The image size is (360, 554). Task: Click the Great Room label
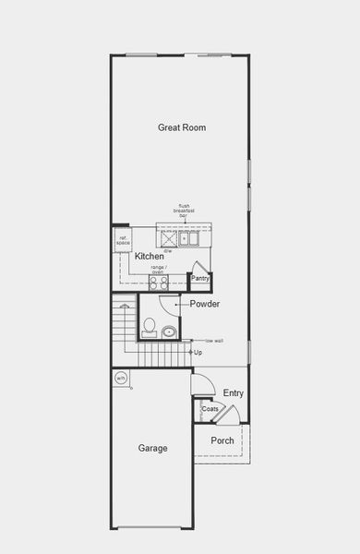point(181,127)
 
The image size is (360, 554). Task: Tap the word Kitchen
point(150,256)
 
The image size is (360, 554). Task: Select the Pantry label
point(200,278)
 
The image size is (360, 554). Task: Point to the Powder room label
point(204,304)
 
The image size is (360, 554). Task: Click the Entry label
point(234,392)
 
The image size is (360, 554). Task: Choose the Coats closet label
point(210,408)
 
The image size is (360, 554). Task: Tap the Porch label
point(222,440)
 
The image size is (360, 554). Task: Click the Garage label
point(153,449)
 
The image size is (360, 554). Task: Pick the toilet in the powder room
point(149,326)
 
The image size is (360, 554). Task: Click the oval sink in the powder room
point(169,331)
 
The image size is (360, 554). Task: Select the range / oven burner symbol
point(158,283)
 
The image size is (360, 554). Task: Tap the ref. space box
point(123,241)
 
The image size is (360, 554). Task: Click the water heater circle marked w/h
point(120,379)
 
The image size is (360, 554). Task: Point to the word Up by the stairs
point(198,352)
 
